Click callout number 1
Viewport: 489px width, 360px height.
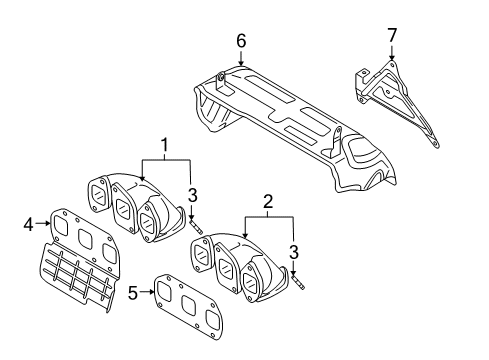pos(164,145)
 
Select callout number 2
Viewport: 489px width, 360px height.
pos(268,202)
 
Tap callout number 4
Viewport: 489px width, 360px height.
pos(29,224)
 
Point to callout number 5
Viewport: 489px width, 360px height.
pos(133,293)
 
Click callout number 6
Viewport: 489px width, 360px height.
pos(241,41)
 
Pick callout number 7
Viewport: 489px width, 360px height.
pos(392,35)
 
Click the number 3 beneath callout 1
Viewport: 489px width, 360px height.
pos(192,195)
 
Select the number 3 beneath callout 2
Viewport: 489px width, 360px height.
pos(294,252)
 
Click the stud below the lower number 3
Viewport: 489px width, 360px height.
pos(298,282)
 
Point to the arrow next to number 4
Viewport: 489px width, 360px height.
pos(43,223)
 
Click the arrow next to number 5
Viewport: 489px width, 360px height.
pos(147,292)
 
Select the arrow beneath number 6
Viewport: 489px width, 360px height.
pos(241,57)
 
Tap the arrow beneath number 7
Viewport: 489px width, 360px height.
pos(392,53)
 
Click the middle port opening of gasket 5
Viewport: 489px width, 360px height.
pos(188,304)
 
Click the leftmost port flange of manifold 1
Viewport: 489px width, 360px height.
pos(98,194)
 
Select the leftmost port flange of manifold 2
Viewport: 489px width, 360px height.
pos(201,253)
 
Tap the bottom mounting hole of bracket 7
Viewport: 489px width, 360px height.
pos(434,143)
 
